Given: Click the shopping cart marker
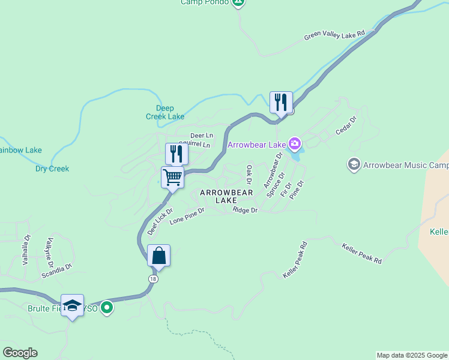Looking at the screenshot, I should (172, 178).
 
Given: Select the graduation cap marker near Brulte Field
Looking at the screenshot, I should (72, 305).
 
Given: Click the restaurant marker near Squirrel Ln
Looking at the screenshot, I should (176, 154).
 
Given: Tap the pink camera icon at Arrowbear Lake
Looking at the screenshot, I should (295, 144).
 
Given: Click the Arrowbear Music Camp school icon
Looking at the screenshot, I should (354, 164).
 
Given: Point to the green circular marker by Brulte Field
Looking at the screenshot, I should (107, 308).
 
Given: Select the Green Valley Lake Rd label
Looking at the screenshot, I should (334, 36).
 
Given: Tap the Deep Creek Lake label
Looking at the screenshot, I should (166, 112).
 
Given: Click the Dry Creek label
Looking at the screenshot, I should (52, 169).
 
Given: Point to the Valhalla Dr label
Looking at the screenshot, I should (26, 250).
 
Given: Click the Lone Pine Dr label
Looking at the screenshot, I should (187, 216).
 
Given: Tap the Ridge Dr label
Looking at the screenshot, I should (245, 211).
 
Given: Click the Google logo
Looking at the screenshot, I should (20, 353).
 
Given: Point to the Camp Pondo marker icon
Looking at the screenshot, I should (238, 3).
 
